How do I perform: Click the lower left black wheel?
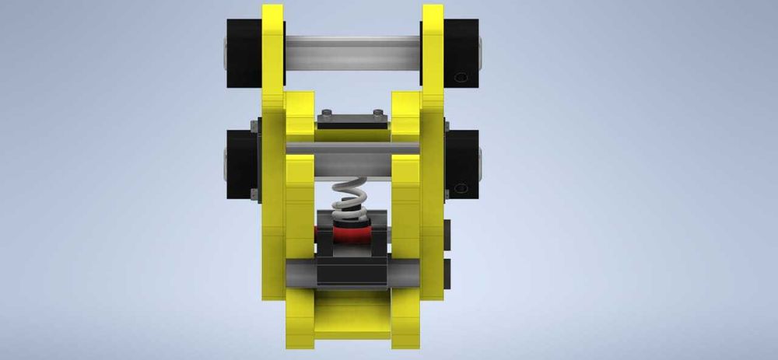[x=244, y=163]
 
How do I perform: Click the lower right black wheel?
[x=462, y=163]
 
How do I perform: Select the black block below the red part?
[x=352, y=268]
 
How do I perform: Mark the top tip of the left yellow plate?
[x=273, y=8]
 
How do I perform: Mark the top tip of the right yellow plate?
[x=433, y=8]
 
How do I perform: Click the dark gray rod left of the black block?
[x=300, y=273]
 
